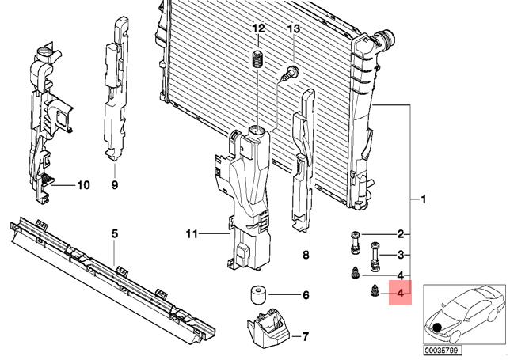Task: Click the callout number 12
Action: tap(257, 29)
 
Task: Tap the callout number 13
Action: tap(293, 29)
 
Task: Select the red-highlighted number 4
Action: tap(401, 295)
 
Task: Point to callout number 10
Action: tap(83, 186)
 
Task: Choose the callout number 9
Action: tap(113, 186)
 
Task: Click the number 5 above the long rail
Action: tap(114, 233)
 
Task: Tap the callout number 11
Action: tap(190, 233)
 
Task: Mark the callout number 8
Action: tap(306, 255)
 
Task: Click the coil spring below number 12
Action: tap(257, 59)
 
